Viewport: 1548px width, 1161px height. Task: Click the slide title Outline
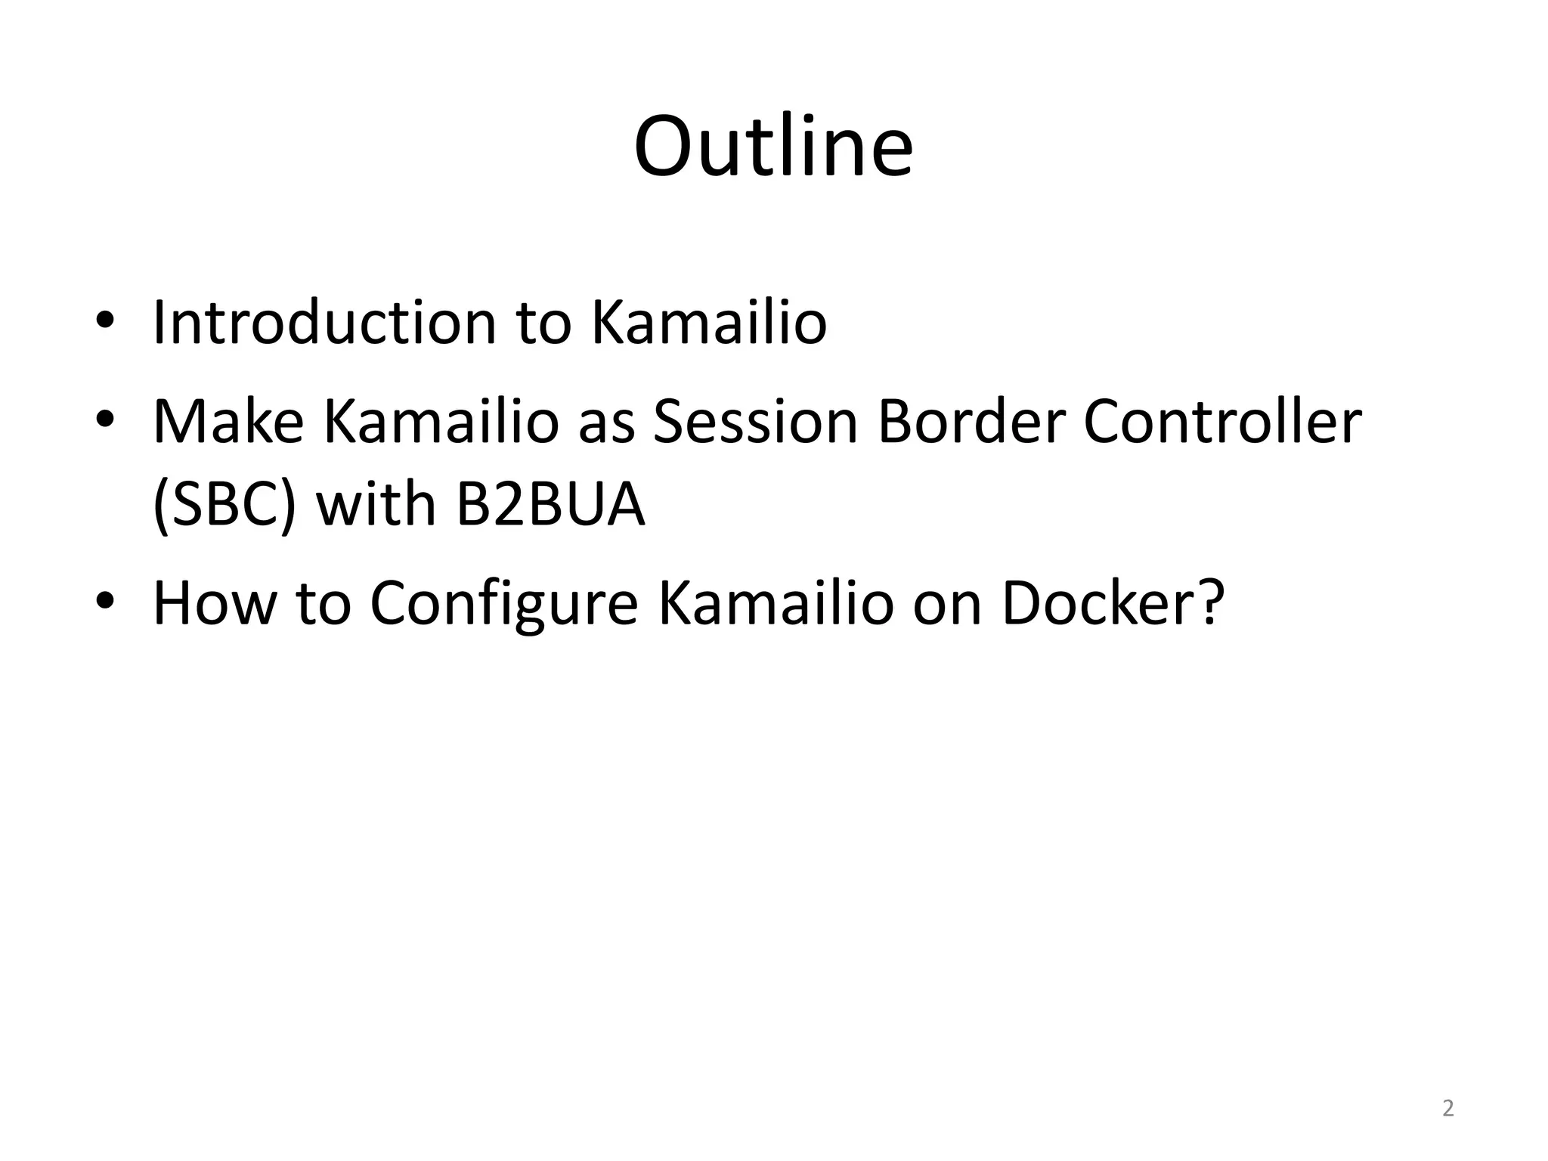(x=773, y=147)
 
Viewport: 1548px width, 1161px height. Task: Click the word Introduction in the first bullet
(x=324, y=323)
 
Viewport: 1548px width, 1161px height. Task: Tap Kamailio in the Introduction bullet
(x=708, y=323)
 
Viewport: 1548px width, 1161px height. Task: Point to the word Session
(x=755, y=422)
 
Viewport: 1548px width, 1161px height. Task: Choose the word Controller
(x=1221, y=422)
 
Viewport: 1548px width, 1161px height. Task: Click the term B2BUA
(x=550, y=505)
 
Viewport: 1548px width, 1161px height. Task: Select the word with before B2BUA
(x=376, y=505)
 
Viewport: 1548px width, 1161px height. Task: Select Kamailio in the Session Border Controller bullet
(x=441, y=422)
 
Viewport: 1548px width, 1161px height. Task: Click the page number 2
(x=1447, y=1108)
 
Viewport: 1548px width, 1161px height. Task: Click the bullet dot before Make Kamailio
(x=105, y=419)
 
